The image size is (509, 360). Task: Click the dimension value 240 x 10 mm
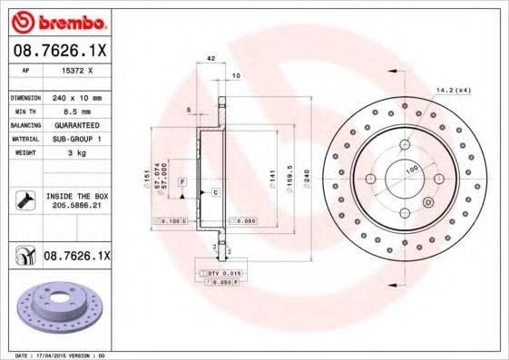[x=75, y=97]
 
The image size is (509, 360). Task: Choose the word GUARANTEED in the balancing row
[x=76, y=124]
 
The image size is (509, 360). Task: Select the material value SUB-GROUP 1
[x=76, y=139]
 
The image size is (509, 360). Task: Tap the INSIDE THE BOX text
[x=75, y=197]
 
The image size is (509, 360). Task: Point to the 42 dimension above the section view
[x=210, y=58]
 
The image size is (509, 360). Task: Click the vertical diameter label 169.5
[x=289, y=172]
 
